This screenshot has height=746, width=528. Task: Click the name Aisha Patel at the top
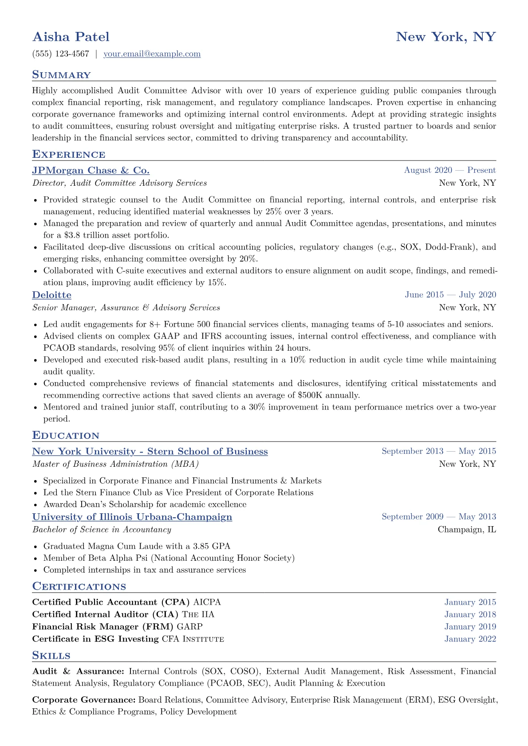tap(71, 37)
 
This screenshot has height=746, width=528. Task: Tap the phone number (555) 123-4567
tap(61, 54)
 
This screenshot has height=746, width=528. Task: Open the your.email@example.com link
tap(152, 54)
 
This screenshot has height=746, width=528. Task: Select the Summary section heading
tap(61, 75)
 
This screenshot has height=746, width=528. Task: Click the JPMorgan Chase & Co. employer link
tap(91, 171)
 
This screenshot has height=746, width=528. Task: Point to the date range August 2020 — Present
tap(449, 170)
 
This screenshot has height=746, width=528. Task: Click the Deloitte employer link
tap(51, 295)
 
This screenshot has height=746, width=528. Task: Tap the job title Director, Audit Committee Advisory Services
tap(119, 183)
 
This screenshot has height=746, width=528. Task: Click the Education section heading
tap(66, 436)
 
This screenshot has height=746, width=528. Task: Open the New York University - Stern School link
tap(150, 452)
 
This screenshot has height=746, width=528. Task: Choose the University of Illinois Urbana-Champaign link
tap(132, 517)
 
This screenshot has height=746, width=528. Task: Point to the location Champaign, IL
tap(467, 530)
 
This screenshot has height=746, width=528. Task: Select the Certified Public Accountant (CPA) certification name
tap(111, 602)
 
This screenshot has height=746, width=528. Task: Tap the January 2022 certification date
tap(470, 639)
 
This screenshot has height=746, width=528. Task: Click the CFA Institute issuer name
tap(193, 639)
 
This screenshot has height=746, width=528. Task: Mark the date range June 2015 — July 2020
tap(450, 295)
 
